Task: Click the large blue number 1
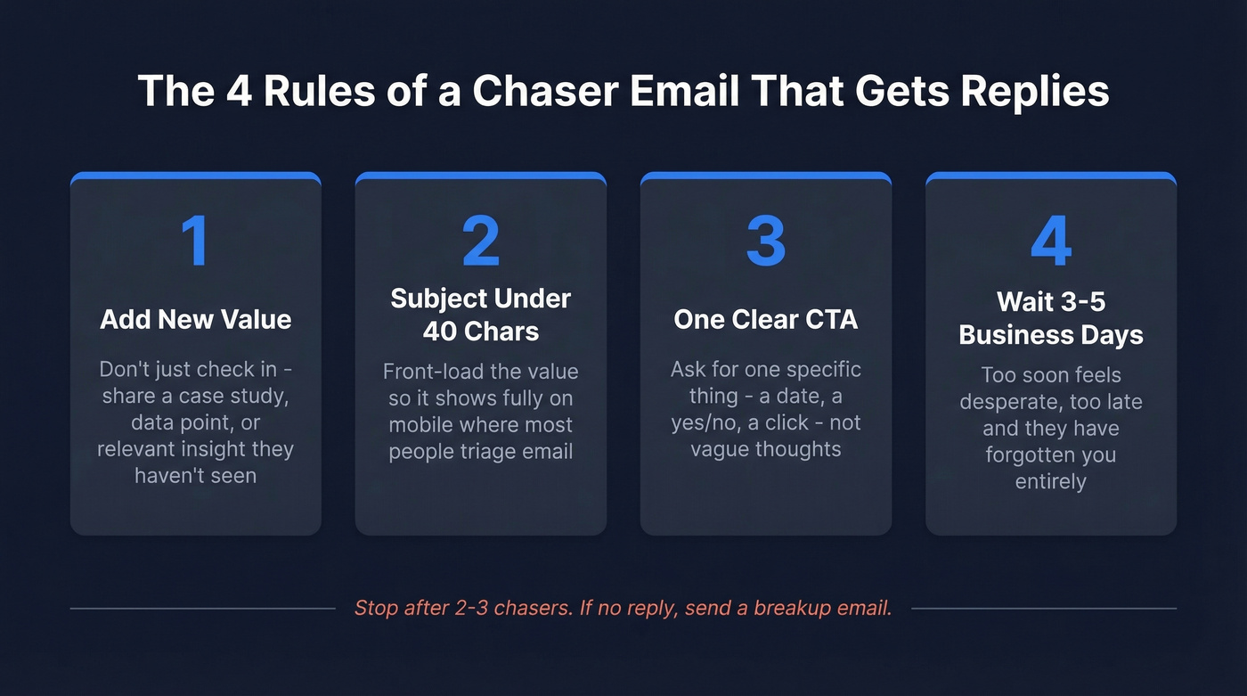click(x=195, y=241)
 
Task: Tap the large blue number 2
click(x=480, y=241)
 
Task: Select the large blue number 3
click(x=765, y=241)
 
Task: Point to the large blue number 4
click(x=1050, y=241)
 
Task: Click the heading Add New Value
click(x=195, y=320)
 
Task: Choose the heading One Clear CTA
click(x=765, y=320)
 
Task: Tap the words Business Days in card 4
click(x=1050, y=335)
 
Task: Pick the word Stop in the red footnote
click(x=376, y=609)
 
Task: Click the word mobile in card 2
click(x=421, y=425)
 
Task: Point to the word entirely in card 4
click(x=1050, y=482)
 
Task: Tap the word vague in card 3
click(x=721, y=448)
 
